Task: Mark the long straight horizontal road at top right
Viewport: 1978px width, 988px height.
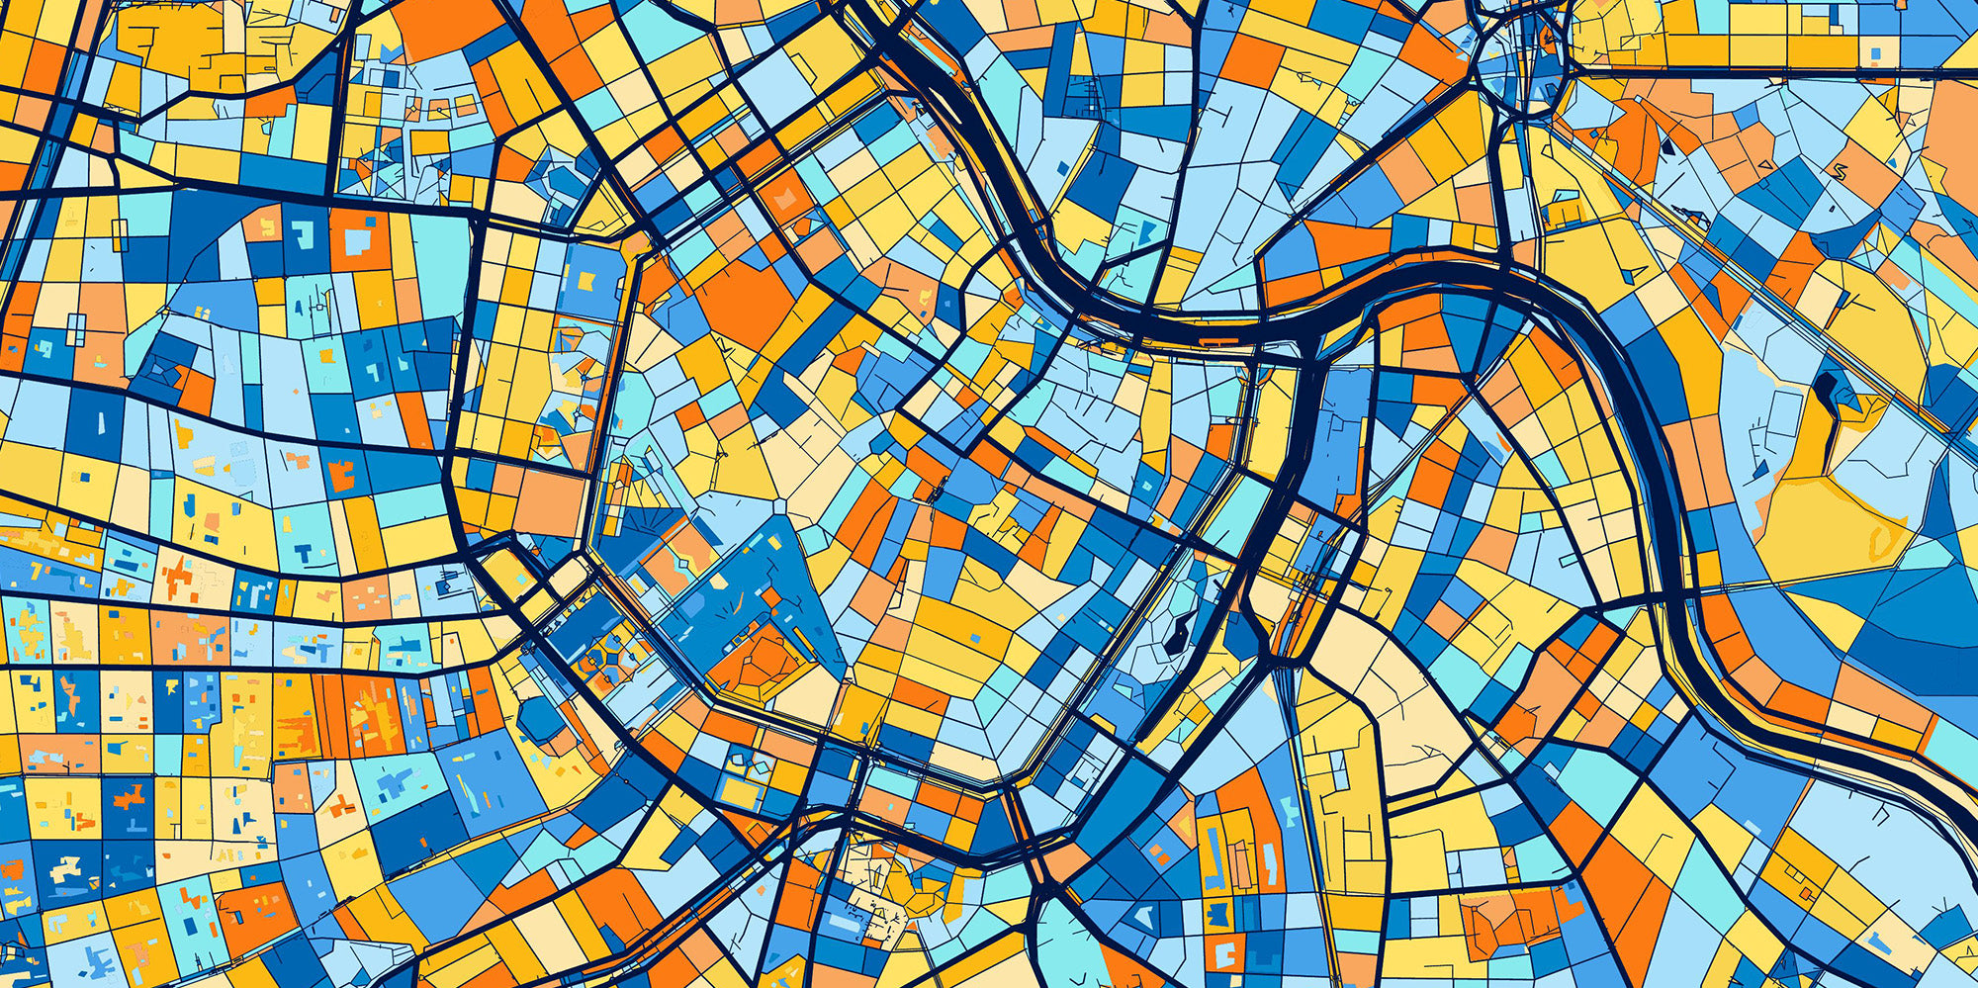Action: click(x=1780, y=69)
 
